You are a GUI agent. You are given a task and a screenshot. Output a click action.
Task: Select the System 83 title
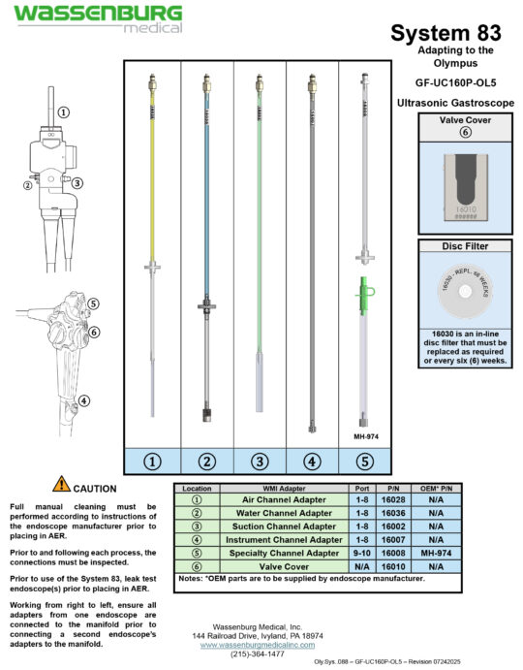point(446,33)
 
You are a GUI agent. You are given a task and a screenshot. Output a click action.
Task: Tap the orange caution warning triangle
point(62,484)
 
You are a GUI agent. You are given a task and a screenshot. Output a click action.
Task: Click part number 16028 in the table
point(396,499)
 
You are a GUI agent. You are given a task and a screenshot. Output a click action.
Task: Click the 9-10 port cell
point(362,552)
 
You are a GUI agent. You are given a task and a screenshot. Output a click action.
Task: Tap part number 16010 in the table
point(396,564)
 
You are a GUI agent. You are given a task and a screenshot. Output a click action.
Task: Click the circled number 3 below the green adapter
point(259,460)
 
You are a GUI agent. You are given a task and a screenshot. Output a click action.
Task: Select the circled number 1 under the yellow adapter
point(153,460)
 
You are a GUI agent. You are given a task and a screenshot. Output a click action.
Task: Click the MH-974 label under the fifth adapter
point(364,436)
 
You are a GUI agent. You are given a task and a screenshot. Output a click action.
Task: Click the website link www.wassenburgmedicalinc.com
point(259,644)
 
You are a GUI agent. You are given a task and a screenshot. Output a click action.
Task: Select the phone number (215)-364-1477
point(259,654)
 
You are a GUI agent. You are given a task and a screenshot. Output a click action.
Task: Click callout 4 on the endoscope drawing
point(84,399)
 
